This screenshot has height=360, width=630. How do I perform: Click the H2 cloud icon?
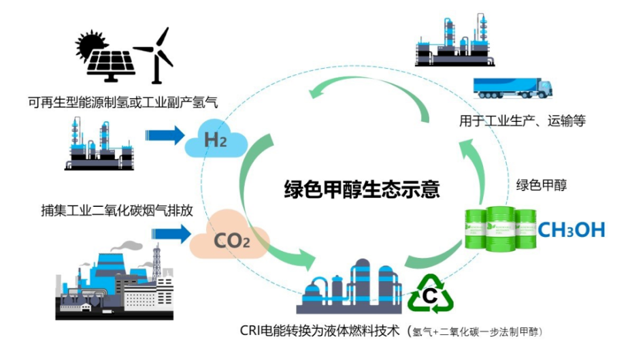pyautogui.click(x=216, y=139)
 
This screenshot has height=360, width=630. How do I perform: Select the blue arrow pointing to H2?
pyautogui.click(x=165, y=135)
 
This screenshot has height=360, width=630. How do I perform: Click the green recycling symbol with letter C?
pyautogui.click(x=430, y=294)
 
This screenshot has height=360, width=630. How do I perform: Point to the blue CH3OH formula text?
pyautogui.click(x=571, y=230)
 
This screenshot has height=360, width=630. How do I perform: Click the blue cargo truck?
pyautogui.click(x=513, y=88)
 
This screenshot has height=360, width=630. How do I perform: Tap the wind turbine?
pyautogui.click(x=158, y=54)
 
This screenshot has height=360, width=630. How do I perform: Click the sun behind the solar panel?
pyautogui.click(x=89, y=44)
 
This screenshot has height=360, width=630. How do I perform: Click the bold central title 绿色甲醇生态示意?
pyautogui.click(x=362, y=189)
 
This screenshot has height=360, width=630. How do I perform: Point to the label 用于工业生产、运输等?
pyautogui.click(x=523, y=120)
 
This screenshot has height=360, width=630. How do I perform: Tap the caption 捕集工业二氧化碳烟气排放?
pyautogui.click(x=117, y=210)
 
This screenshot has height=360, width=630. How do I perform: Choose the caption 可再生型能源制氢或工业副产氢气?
pyautogui.click(x=123, y=102)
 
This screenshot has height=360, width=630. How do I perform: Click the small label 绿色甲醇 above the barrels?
pyautogui.click(x=541, y=185)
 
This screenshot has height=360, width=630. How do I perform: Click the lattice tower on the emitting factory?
pyautogui.click(x=156, y=261)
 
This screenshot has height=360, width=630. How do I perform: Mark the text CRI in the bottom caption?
pyautogui.click(x=250, y=330)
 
